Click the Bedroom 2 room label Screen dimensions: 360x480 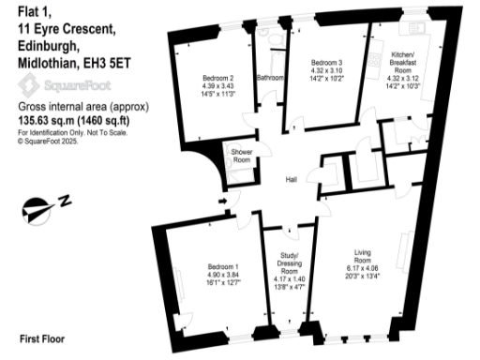(x=217, y=78)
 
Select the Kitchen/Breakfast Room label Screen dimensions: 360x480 (x=404, y=64)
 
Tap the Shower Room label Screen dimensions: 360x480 (x=241, y=157)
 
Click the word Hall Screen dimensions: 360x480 (x=292, y=181)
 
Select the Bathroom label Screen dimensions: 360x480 (x=271, y=78)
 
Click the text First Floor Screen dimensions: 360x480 (x=42, y=337)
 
